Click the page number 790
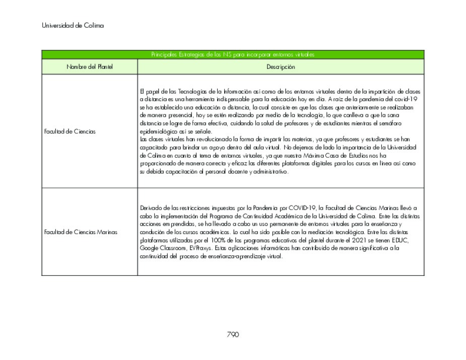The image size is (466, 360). coord(233,334)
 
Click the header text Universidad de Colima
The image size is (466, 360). coord(73,25)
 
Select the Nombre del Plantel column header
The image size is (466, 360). coord(90,67)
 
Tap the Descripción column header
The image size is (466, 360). coord(281,67)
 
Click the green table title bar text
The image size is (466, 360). coord(233,54)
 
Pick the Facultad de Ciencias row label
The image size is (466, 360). coord(70,131)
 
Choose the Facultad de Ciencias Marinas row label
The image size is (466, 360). coord(81,232)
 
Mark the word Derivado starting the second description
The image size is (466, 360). coord(151,208)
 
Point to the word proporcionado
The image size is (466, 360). coord(157,164)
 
